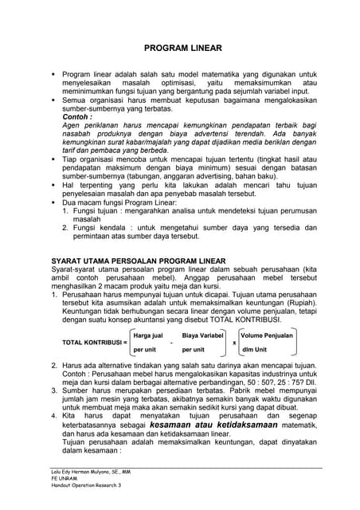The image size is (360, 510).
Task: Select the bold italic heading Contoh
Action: (77, 116)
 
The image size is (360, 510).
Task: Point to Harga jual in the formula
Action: (149, 335)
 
